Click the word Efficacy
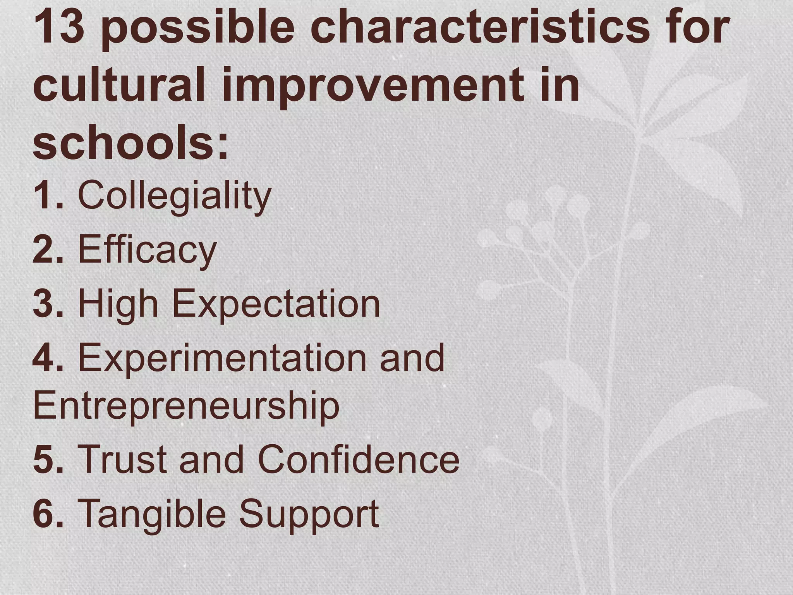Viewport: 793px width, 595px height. [x=147, y=250]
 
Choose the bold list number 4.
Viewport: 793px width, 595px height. [x=44, y=359]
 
